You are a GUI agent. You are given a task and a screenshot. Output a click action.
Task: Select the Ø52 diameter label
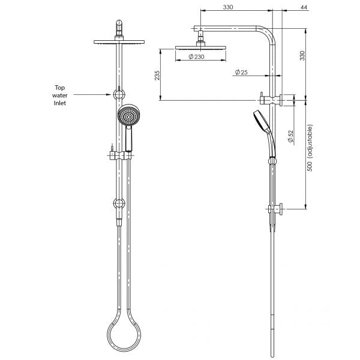point(290,137)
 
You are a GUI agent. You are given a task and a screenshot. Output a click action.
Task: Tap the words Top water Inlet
point(60,95)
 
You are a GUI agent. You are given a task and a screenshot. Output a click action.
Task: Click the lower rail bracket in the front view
point(120,203)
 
